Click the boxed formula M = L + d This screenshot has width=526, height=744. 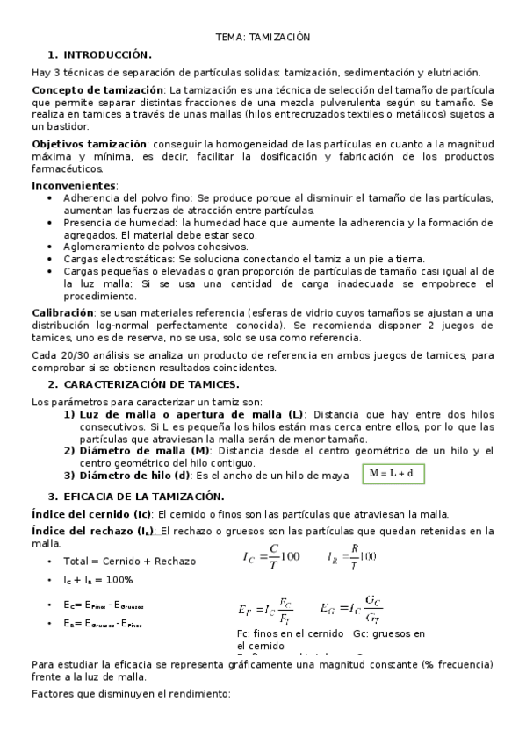tap(392, 474)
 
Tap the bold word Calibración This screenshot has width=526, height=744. tap(62, 312)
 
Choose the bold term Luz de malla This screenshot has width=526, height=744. tap(113, 414)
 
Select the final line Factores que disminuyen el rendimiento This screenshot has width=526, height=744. tap(130, 694)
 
